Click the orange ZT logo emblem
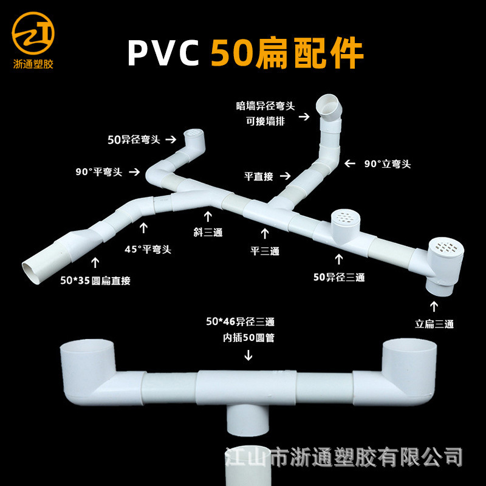tap(33, 33)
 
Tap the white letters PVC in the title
tap(163, 53)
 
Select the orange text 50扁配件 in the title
tap(287, 53)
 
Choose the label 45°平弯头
tap(145, 248)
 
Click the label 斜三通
tap(208, 232)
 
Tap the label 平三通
tap(265, 250)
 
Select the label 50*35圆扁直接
tap(96, 280)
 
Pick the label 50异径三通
tap(338, 278)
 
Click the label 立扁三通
tap(434, 324)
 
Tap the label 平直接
tap(259, 177)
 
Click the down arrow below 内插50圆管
tap(248, 355)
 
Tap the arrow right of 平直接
tap(286, 177)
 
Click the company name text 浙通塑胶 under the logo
tap(33, 64)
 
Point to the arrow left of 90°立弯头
tap(349, 163)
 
